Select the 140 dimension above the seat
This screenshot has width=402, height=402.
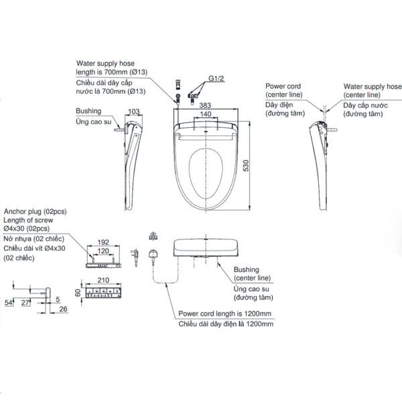click(x=204, y=115)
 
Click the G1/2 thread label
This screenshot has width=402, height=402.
click(x=216, y=79)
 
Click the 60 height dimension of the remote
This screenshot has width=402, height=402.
click(x=78, y=293)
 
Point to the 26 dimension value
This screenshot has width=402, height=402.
click(x=62, y=310)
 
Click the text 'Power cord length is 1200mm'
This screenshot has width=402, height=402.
click(x=224, y=313)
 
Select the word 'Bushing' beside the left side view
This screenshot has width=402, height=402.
click(x=89, y=111)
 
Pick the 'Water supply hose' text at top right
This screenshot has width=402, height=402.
click(x=373, y=86)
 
